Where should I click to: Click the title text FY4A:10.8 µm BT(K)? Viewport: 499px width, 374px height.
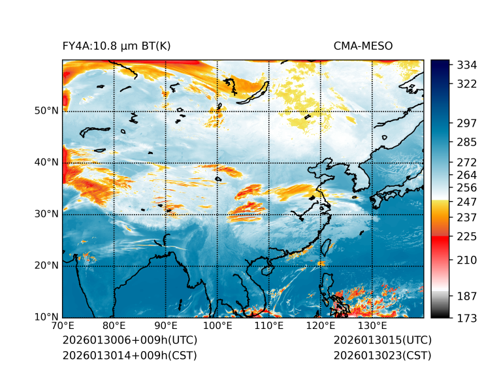(116, 46)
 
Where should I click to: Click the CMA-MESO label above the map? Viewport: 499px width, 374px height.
(363, 46)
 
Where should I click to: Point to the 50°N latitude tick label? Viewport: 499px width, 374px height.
(46, 111)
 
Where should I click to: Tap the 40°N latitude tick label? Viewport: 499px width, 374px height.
(46, 163)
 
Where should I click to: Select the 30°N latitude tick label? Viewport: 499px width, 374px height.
(46, 214)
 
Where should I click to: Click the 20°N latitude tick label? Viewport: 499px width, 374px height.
(46, 266)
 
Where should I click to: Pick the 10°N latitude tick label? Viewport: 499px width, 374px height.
(46, 318)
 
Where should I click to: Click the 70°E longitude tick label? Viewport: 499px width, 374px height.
(63, 326)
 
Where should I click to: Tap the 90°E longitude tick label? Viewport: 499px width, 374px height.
(166, 326)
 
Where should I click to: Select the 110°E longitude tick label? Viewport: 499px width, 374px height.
(269, 326)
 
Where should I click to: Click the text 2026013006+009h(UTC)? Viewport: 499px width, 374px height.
(129, 341)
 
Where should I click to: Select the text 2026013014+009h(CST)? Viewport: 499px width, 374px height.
(129, 356)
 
